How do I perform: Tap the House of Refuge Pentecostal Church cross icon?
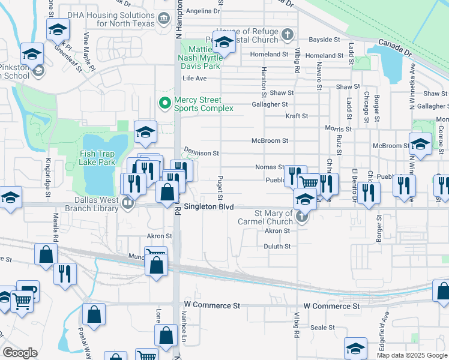288,34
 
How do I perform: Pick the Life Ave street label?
194,79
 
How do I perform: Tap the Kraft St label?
297,116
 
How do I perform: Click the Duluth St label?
277,246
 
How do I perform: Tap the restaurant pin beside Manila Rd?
65,273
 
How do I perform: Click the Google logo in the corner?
20,353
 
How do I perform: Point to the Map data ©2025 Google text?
411,355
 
